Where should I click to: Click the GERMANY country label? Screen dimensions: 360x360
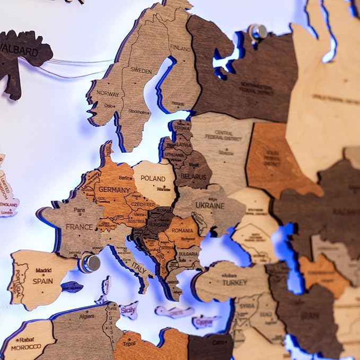(114, 190)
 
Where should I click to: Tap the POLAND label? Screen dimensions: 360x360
(153, 179)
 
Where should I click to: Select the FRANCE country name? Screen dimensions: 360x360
(79, 227)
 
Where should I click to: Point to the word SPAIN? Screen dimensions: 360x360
(42, 281)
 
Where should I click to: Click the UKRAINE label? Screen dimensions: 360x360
(210, 205)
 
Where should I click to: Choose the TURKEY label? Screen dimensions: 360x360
(234, 283)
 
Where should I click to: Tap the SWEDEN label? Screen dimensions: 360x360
(141, 71)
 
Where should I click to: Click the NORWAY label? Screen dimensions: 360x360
(108, 93)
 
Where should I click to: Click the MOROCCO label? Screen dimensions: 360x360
(26, 346)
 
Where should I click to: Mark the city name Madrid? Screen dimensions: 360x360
(43, 270)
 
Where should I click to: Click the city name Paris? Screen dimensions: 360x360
(79, 210)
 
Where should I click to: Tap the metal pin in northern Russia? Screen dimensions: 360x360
(259, 32)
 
